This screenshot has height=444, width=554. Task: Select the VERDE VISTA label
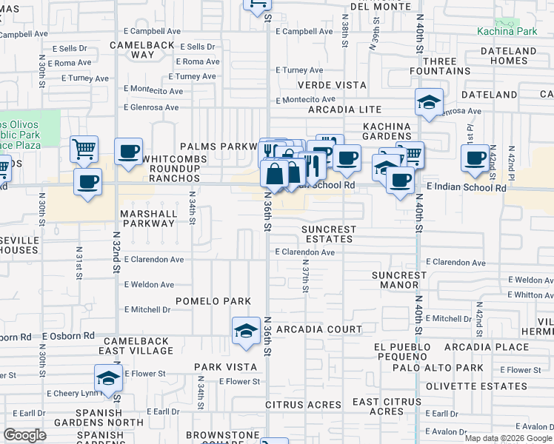(331, 85)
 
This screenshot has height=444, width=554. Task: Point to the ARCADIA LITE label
(345, 110)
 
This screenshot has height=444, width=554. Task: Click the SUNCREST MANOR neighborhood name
(399, 280)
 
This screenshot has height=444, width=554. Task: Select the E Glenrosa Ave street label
(151, 107)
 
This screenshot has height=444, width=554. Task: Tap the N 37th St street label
(304, 280)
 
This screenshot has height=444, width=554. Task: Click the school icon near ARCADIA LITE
(429, 103)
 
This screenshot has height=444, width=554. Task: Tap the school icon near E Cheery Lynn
(108, 377)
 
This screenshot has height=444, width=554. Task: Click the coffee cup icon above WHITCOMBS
(128, 152)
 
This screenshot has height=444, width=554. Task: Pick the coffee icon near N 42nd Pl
(475, 157)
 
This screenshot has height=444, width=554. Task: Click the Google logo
(25, 435)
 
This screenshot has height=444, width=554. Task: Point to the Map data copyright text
(508, 438)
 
